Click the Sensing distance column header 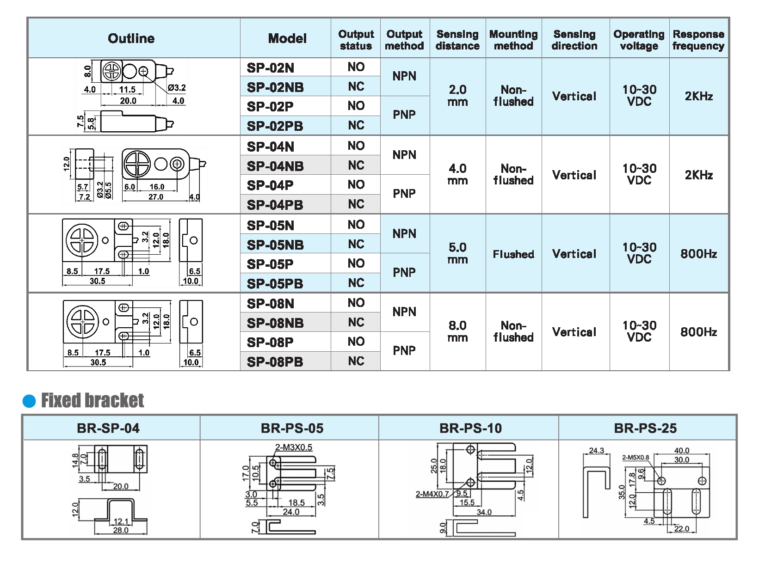(x=457, y=40)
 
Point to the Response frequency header (x=698, y=40)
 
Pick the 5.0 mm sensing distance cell (x=457, y=253)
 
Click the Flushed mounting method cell (x=513, y=254)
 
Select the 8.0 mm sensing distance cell (x=457, y=331)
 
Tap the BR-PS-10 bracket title (x=470, y=428)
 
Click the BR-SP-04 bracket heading (x=108, y=428)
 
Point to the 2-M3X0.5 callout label (x=294, y=447)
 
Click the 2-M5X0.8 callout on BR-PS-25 (x=635, y=458)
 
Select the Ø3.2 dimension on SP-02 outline (x=177, y=88)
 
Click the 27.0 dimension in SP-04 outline (x=156, y=197)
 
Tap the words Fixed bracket (x=93, y=400)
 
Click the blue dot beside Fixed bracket (x=29, y=401)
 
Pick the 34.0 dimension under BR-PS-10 (x=484, y=512)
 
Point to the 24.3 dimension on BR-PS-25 (x=596, y=450)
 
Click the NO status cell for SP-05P (x=356, y=263)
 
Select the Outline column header (x=131, y=38)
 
